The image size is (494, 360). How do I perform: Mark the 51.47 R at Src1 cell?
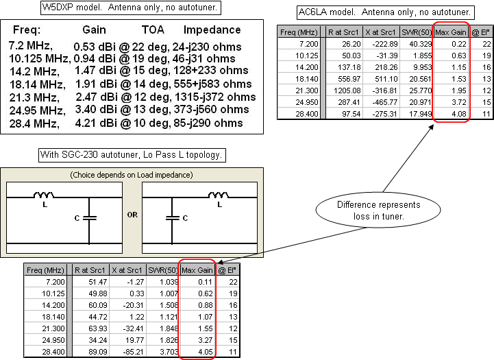tap(93, 282)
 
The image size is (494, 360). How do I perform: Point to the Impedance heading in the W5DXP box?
tap(212, 30)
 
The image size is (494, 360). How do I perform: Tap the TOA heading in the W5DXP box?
tap(153, 30)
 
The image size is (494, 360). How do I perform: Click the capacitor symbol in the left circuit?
tap(90, 217)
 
